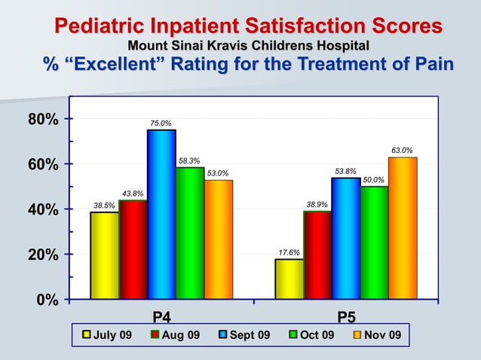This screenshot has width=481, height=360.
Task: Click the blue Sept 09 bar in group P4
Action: point(161,215)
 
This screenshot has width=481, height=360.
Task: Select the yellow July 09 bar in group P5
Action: point(289,279)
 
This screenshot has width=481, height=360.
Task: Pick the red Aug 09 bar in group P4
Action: point(133,249)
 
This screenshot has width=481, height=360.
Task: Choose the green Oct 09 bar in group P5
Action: point(374,243)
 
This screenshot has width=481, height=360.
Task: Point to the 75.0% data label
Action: point(160,123)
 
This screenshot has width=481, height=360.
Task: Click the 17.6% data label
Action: point(289,252)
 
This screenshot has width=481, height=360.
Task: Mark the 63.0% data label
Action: point(401,151)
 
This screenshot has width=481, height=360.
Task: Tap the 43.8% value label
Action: point(133,194)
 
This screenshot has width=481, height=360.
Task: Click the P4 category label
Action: point(161,316)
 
